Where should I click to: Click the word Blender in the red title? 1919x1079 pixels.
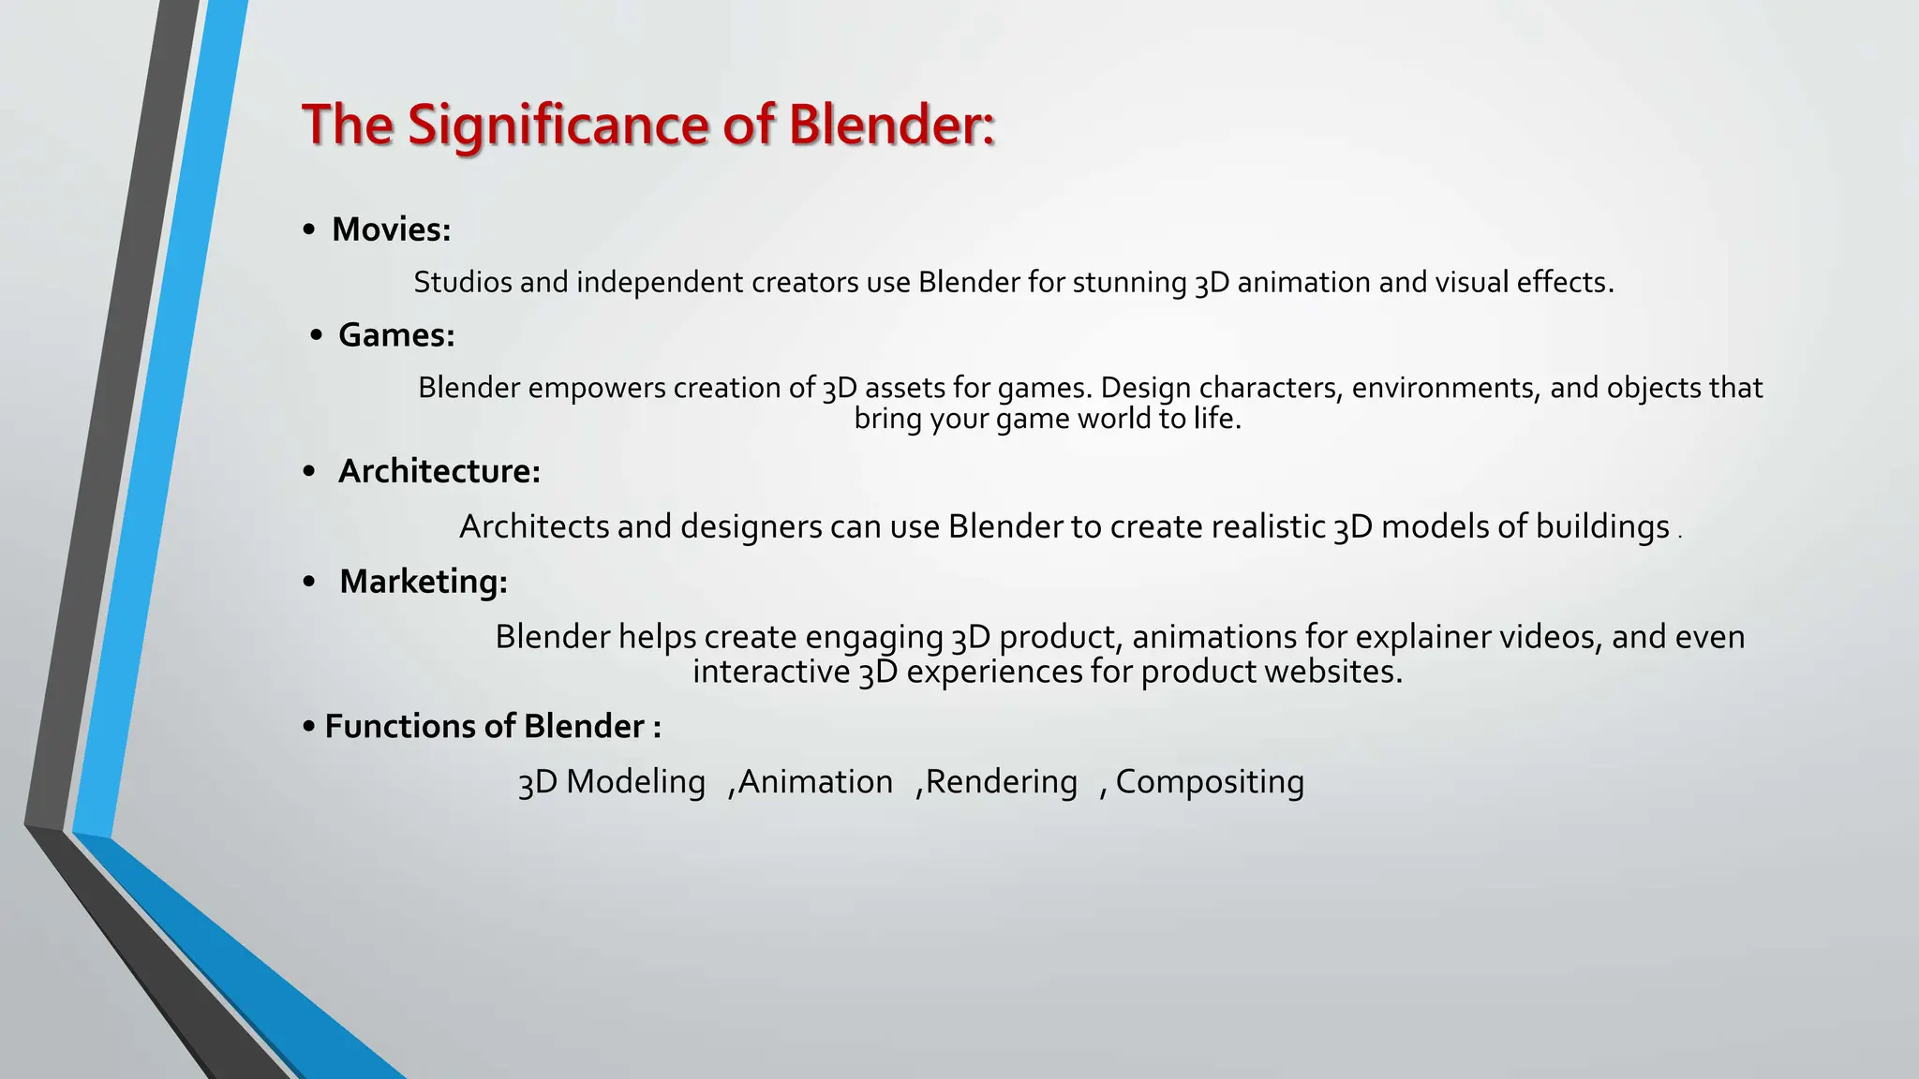coord(890,125)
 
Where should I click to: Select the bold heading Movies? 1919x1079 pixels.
coord(391,229)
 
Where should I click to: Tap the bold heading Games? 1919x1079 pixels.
coord(396,335)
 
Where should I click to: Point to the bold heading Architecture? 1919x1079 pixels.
coord(439,471)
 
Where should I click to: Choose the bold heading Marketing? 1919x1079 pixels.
coord(423,582)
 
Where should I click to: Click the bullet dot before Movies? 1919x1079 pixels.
coord(309,230)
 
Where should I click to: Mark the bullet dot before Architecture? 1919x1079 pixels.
coord(309,472)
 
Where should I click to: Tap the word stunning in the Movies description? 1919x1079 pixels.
coord(1129,282)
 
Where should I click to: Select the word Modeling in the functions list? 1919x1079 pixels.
coord(635,782)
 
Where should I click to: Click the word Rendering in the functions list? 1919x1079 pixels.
coord(1001,782)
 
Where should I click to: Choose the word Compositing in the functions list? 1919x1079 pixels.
coord(1210,782)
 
